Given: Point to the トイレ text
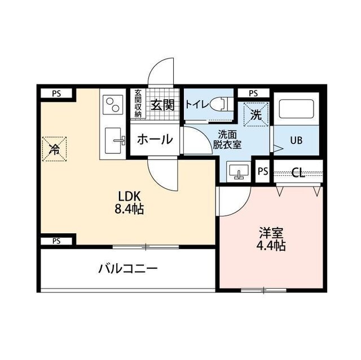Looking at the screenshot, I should click(196, 104).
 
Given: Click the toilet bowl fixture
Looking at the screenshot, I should click(221, 104).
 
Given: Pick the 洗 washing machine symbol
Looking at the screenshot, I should click(256, 115).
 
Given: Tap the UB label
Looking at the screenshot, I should click(297, 140).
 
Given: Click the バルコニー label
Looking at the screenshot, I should click(127, 268).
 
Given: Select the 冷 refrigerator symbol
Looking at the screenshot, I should click(55, 149).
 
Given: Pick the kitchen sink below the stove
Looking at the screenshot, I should click(115, 141).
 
